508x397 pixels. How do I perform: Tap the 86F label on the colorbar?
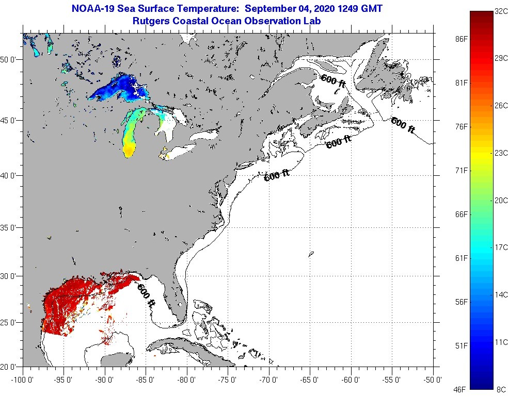coord(461,39)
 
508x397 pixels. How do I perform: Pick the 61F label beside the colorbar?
coord(461,258)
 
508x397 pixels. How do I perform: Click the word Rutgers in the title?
coord(150,21)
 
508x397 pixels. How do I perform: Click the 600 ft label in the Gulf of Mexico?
coord(146,294)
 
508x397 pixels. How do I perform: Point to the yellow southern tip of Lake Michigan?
coord(130,151)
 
